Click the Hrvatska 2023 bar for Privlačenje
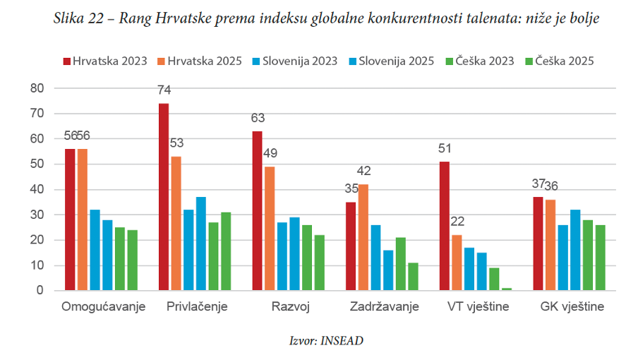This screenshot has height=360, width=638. [x=164, y=197]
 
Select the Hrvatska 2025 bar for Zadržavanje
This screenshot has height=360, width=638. [x=363, y=237]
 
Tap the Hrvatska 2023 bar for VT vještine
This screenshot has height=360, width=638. [x=445, y=226]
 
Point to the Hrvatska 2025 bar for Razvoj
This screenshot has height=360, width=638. [x=270, y=229]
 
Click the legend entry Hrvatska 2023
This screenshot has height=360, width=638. [x=105, y=61]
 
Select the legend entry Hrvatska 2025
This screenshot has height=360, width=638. [x=200, y=61]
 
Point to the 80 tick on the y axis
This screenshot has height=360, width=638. [x=37, y=88]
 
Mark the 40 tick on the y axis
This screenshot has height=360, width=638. [x=37, y=189]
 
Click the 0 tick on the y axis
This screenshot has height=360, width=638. [x=40, y=291]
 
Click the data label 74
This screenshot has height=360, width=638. [x=164, y=90]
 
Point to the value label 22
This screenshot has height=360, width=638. [x=457, y=221]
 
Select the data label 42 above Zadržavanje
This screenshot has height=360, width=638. [x=363, y=171]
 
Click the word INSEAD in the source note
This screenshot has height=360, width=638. [x=342, y=340]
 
